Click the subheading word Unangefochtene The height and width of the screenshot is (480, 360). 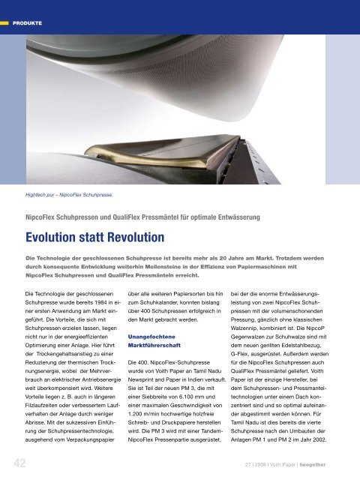[154, 337]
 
